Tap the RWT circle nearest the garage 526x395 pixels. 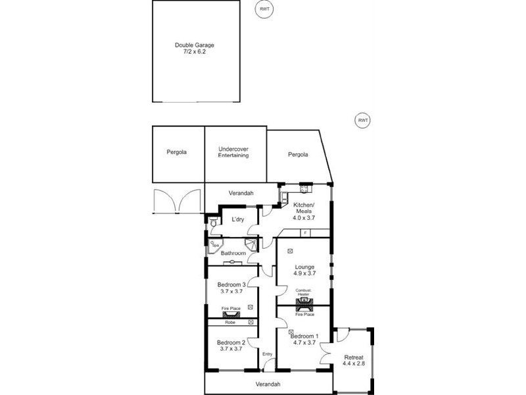(264, 9)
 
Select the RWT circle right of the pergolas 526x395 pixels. (362, 120)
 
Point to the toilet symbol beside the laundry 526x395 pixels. (213, 223)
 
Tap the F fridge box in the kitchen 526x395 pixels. (304, 233)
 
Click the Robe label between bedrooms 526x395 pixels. (230, 323)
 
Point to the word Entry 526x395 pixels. (267, 355)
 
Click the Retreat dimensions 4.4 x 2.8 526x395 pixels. (354, 363)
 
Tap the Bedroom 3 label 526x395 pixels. (231, 284)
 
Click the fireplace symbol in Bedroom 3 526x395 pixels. (231, 315)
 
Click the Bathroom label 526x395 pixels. (233, 253)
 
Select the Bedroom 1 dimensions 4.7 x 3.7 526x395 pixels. (304, 343)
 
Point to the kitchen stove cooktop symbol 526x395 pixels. (304, 189)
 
